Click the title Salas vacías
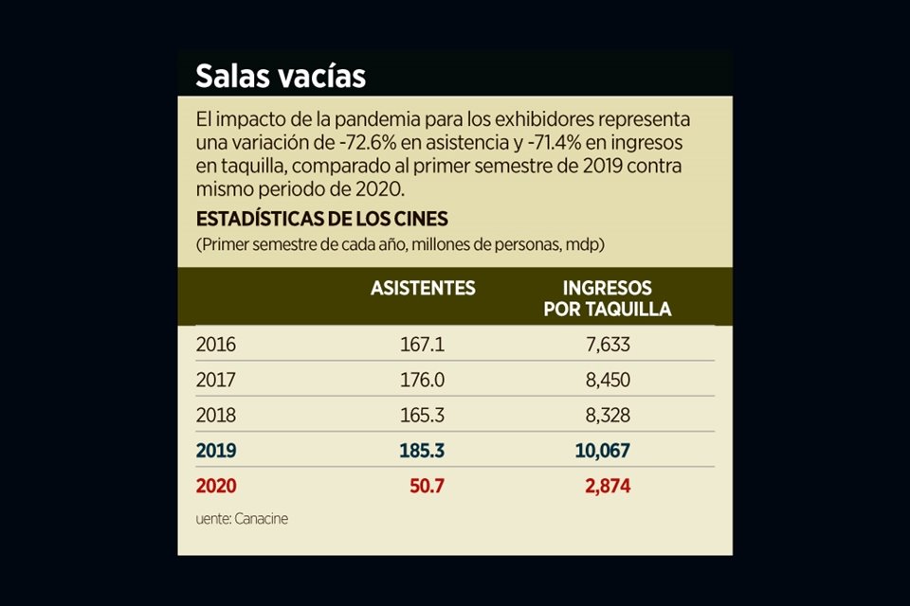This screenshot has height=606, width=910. click(x=281, y=76)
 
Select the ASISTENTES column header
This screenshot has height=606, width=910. click(x=423, y=288)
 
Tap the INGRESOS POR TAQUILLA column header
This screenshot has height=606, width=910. click(x=608, y=298)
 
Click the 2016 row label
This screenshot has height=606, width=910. click(x=215, y=345)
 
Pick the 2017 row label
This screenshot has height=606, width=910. click(x=215, y=380)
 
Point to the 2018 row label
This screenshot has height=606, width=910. click(x=215, y=415)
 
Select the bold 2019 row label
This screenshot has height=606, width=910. click(x=216, y=451)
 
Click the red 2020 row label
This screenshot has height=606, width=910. click(x=216, y=487)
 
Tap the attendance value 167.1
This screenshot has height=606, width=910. click(x=422, y=345)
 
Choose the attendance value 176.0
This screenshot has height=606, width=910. click(x=422, y=380)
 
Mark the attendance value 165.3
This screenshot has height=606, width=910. click(x=422, y=415)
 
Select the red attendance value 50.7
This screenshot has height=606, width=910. click(x=428, y=487)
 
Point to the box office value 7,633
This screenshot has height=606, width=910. click(x=608, y=345)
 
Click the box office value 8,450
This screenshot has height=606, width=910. click(x=608, y=380)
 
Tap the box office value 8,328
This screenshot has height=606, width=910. click(x=608, y=415)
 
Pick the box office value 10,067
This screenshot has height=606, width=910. click(x=603, y=451)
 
